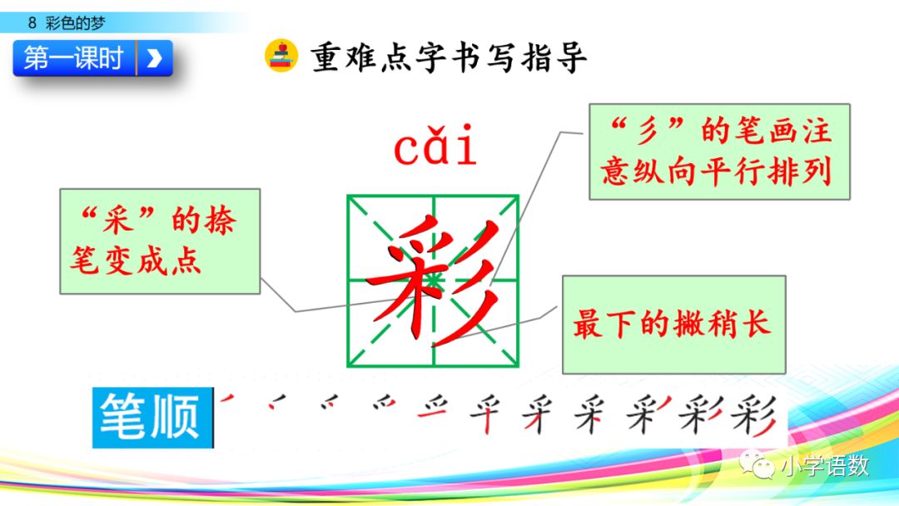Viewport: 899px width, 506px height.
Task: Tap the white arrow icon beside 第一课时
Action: [x=154, y=58]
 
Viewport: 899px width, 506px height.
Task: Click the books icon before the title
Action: [x=281, y=56]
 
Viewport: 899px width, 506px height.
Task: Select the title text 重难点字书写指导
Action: [x=449, y=57]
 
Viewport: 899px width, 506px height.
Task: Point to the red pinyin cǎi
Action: [x=435, y=148]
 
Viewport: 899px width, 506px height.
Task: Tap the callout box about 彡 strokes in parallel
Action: [x=719, y=151]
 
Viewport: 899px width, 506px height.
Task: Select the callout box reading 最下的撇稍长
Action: [x=673, y=324]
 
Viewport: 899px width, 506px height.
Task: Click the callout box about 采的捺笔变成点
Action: [x=159, y=241]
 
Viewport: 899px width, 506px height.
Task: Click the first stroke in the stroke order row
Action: [x=227, y=400]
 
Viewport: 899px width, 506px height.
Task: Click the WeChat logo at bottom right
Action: [x=756, y=465]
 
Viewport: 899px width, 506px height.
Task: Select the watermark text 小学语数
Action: [x=824, y=466]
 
